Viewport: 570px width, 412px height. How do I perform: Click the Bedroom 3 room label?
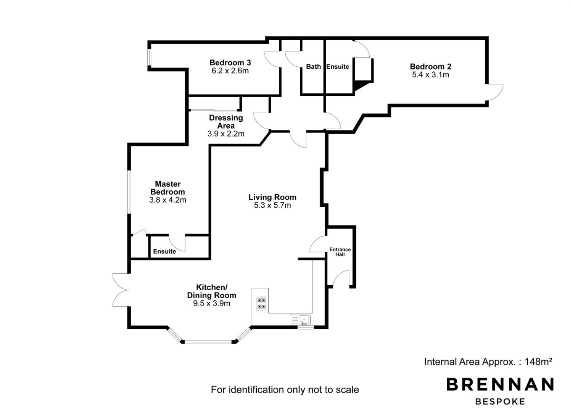(x=230, y=62)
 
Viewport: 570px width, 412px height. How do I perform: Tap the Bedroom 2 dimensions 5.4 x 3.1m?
(x=431, y=75)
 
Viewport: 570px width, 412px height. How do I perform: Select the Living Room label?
(x=272, y=197)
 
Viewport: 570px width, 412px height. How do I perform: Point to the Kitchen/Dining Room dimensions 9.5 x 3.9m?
(x=212, y=303)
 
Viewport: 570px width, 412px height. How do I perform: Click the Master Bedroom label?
(x=168, y=188)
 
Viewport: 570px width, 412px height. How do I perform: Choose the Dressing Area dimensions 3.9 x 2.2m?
(x=226, y=134)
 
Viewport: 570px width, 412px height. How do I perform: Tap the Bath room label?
(x=313, y=66)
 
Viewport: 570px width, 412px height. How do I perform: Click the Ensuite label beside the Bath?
(x=338, y=66)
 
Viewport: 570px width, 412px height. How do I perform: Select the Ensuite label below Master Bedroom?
(x=164, y=251)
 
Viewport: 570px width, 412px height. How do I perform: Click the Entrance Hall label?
(x=340, y=252)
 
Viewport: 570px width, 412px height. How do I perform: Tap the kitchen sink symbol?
(x=301, y=320)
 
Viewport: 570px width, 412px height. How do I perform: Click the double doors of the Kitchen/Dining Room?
(x=121, y=290)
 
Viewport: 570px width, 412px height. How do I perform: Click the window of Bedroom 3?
(x=150, y=57)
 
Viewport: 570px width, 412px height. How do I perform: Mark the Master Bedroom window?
(x=129, y=192)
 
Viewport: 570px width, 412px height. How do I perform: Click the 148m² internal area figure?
(x=539, y=362)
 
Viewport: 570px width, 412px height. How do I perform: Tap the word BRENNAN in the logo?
(x=500, y=384)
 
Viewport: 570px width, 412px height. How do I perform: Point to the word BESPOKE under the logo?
(x=500, y=402)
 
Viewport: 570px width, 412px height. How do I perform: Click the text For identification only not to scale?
(x=285, y=389)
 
